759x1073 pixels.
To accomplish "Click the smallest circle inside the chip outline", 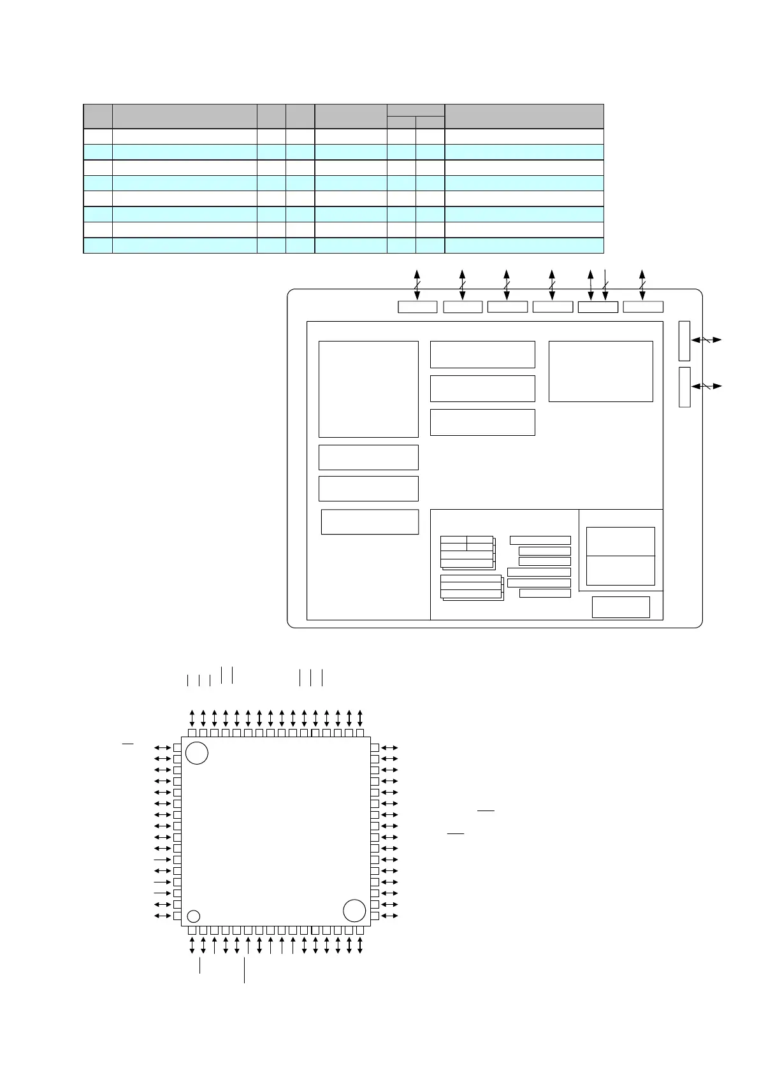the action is pos(194,916).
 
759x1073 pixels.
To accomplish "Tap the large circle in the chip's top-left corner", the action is pos(197,753).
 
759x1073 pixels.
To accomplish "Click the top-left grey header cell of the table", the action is pos(98,116).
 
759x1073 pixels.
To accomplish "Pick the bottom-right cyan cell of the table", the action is pos(524,246).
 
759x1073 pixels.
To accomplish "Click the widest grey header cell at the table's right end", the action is pos(524,116).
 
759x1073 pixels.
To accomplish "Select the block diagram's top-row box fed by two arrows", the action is pos(598,306).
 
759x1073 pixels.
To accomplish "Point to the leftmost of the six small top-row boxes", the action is pos(417,306).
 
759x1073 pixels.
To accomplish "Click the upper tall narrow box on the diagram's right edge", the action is pos(684,341).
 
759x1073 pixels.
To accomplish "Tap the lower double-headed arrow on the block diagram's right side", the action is pos(707,385).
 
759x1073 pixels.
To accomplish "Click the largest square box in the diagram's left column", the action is pos(368,389).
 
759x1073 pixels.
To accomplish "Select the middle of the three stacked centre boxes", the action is pos(482,388).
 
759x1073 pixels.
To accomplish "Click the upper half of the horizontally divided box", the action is pos(620,542).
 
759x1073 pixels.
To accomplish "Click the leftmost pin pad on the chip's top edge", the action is pos(192,733).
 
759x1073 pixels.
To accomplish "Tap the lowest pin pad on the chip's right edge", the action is pos(375,916).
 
